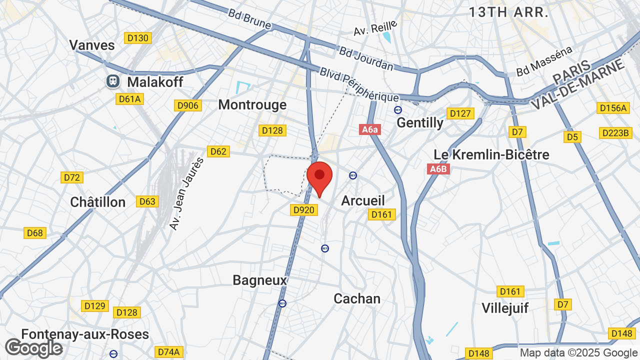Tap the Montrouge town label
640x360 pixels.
tap(252, 104)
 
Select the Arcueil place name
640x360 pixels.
tap(363, 200)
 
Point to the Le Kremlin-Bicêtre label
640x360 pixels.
tap(491, 154)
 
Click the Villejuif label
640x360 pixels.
tap(505, 307)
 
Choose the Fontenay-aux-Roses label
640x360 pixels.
tap(85, 334)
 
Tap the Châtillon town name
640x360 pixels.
tap(98, 202)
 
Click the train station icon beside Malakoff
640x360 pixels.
tap(112, 81)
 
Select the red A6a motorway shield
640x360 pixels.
tap(370, 130)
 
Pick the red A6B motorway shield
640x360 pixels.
tap(438, 169)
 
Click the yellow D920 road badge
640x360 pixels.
tap(303, 210)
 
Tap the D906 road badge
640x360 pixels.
tap(188, 105)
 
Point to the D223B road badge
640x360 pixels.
tap(614, 133)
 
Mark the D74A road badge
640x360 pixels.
tap(168, 352)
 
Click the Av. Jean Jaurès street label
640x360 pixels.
tap(187, 194)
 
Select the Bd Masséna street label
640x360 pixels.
tap(544, 62)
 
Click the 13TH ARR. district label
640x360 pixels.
tap(508, 12)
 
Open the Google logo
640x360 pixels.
tap(33, 348)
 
